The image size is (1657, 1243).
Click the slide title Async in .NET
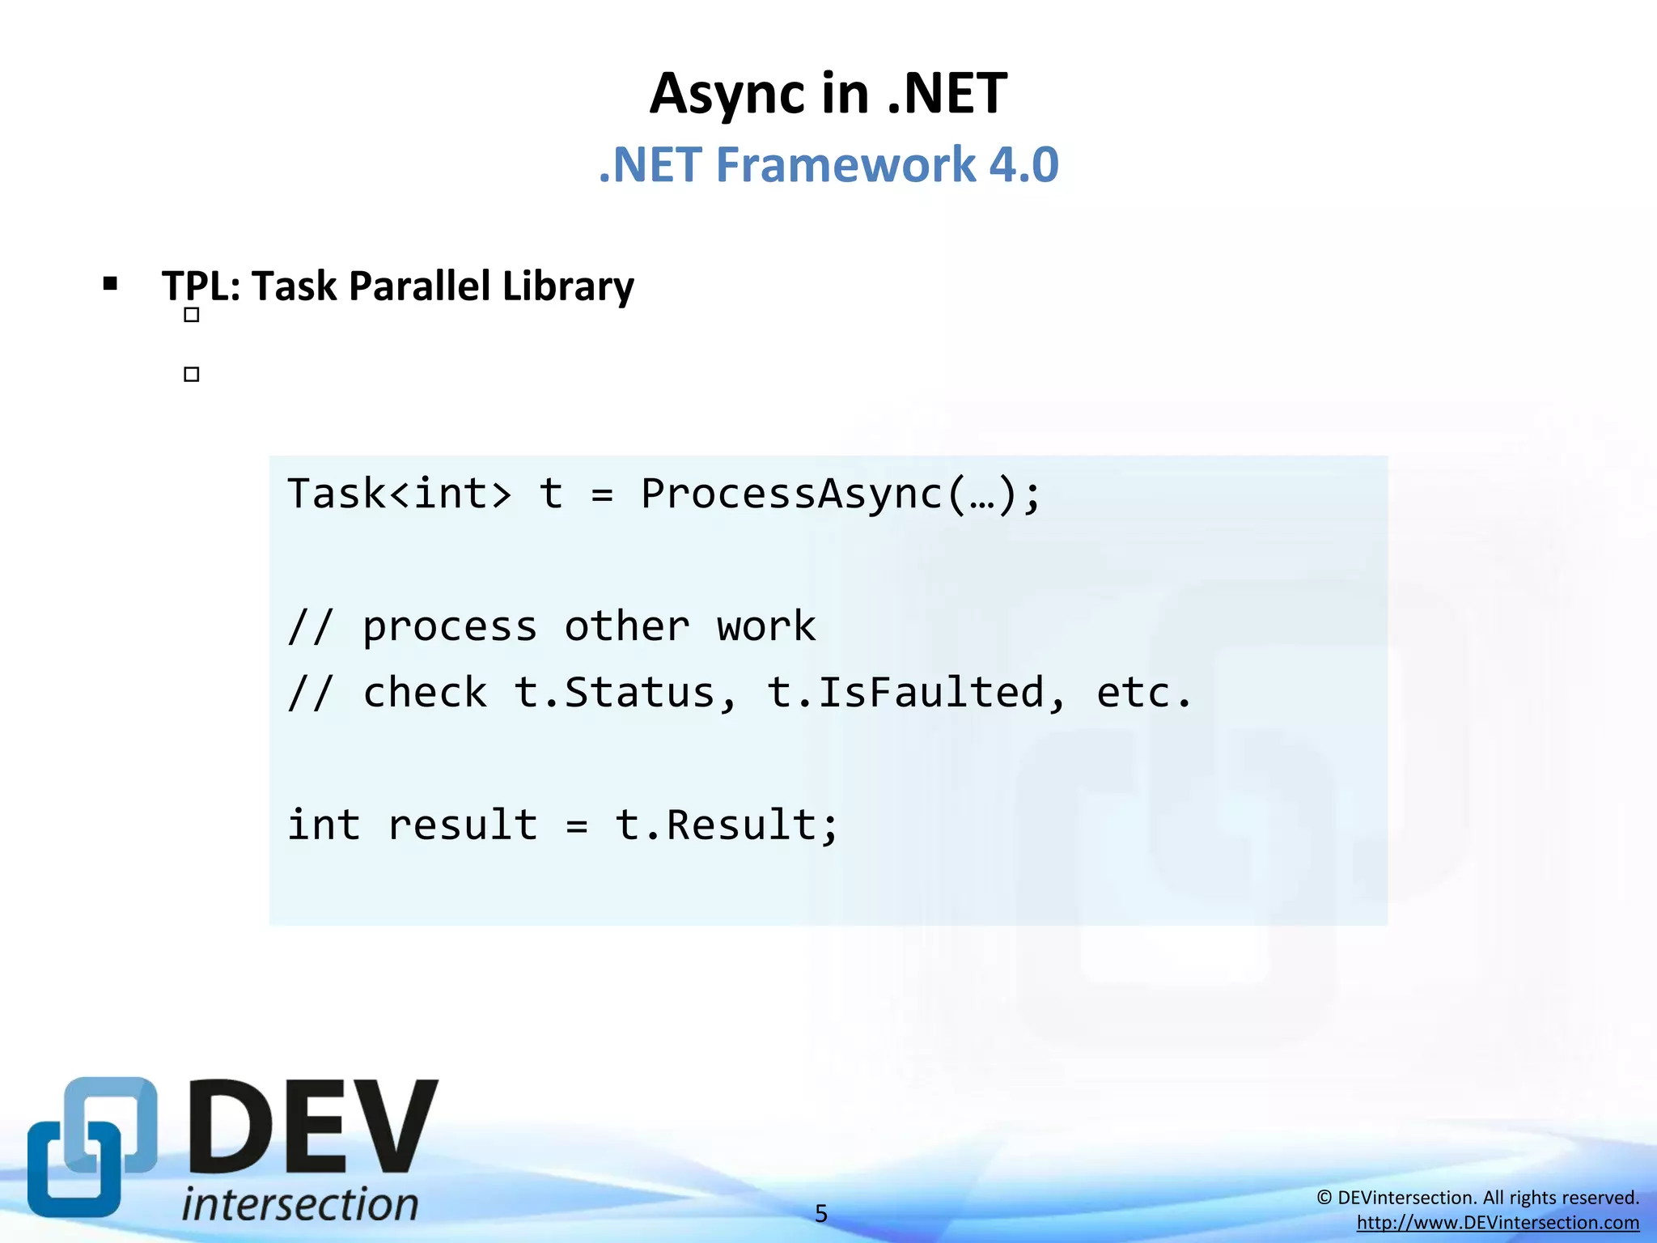click(x=828, y=94)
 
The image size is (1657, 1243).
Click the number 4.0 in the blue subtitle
click(x=1023, y=165)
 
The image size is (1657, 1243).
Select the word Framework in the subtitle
click(x=845, y=165)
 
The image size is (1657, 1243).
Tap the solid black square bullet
click(x=110, y=283)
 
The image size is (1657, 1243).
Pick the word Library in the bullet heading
click(x=568, y=287)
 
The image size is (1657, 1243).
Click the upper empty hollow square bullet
click(x=192, y=315)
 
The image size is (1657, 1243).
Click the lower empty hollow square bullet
click(x=192, y=374)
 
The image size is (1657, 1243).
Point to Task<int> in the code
click(x=400, y=494)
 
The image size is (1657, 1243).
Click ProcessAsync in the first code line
click(x=791, y=494)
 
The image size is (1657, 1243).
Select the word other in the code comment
click(x=626, y=626)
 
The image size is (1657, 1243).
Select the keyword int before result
click(x=324, y=825)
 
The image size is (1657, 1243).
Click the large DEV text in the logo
click(x=314, y=1128)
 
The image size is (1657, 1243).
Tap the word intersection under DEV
click(x=300, y=1203)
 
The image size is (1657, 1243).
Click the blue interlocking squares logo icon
click(x=91, y=1147)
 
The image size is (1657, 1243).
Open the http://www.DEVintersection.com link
click(x=1498, y=1223)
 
